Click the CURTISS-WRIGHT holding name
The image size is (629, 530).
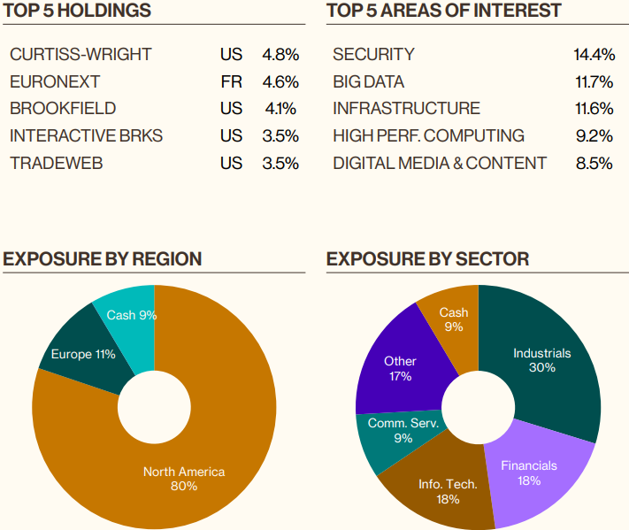(81, 55)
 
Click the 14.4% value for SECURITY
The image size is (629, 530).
(594, 55)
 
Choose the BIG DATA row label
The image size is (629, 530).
(368, 82)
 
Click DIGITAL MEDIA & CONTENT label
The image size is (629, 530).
(440, 164)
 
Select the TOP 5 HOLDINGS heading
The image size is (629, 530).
(77, 11)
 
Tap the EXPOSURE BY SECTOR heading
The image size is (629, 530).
(427, 258)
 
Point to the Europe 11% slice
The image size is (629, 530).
(83, 354)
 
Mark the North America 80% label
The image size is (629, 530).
(184, 479)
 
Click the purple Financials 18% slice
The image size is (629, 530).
(529, 472)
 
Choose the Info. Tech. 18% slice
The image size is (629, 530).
(448, 491)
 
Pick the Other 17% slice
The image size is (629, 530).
(400, 368)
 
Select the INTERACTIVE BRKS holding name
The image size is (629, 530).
(86, 136)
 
